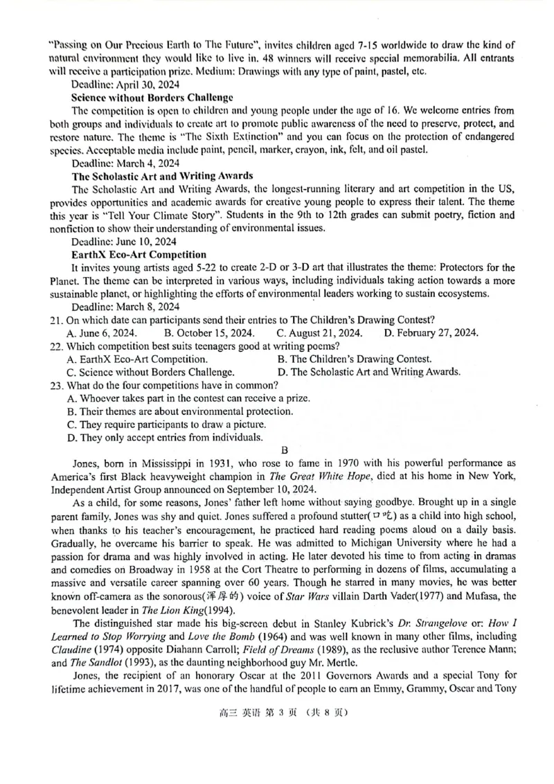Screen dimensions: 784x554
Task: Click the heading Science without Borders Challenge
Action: click(152, 98)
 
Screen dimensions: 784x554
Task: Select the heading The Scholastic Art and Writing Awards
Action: click(162, 176)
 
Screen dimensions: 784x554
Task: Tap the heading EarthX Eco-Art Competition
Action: click(138, 254)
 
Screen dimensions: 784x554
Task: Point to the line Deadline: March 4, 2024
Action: click(116, 163)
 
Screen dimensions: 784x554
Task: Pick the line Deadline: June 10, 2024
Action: click(116, 241)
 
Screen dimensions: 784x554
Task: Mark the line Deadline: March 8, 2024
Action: click(116, 306)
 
